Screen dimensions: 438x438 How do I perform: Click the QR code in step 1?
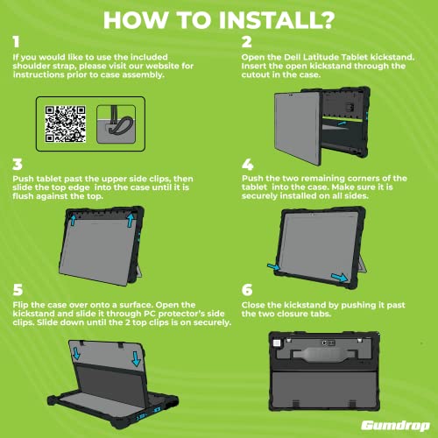[x=65, y=124]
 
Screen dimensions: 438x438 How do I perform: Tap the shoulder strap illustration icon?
[x=116, y=124]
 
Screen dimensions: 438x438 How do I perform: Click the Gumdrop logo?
[x=395, y=426]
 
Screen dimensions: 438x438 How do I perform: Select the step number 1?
[x=17, y=42]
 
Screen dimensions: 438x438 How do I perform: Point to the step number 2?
[x=247, y=42]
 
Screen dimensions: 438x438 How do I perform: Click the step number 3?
[x=18, y=165]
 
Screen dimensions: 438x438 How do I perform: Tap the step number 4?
[x=248, y=165]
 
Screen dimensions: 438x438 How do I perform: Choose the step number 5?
[x=18, y=290]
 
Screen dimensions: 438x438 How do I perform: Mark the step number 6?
[x=247, y=290]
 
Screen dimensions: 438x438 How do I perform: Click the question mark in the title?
[x=326, y=20]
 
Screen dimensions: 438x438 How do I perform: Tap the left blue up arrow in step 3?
[x=73, y=220]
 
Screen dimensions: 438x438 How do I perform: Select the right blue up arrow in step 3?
[x=131, y=220]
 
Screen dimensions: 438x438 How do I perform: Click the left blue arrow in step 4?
[x=273, y=266]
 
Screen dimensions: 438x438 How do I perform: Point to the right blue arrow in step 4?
[x=339, y=278]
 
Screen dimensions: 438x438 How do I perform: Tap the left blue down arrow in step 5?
[x=76, y=353]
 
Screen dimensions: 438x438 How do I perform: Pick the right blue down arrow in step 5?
[x=137, y=359]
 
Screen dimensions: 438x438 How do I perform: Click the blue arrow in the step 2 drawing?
[x=341, y=124]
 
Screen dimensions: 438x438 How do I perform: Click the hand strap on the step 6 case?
[x=324, y=354]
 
